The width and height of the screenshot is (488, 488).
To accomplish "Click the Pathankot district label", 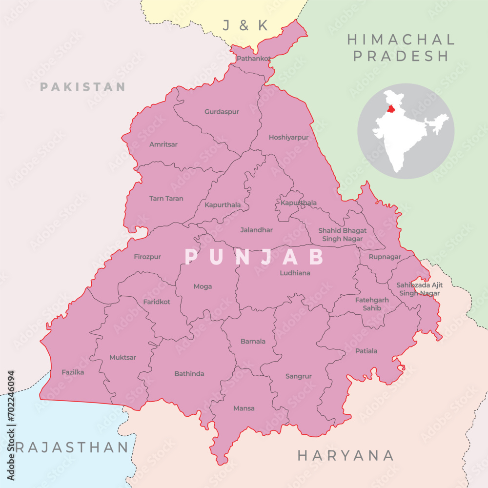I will (253, 59).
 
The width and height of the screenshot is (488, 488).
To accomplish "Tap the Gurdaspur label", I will (222, 112).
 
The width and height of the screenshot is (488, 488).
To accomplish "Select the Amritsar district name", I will (163, 144).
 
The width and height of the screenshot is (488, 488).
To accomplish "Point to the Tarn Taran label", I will (166, 199).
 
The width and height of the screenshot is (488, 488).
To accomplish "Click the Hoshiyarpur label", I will (288, 138).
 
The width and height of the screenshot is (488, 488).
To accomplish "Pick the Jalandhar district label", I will (256, 230).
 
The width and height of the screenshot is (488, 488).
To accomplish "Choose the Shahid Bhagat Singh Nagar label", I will (342, 235).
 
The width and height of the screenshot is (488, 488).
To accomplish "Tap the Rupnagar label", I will (385, 257).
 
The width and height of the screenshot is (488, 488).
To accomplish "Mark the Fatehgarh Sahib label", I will (372, 304).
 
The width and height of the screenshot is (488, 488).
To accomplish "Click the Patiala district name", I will (366, 351).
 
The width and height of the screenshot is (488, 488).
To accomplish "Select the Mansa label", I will (244, 408).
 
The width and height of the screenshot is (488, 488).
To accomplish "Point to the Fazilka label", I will (73, 372).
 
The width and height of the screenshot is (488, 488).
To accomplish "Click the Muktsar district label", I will (122, 358).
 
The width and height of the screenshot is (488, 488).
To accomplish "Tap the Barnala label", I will (253, 342).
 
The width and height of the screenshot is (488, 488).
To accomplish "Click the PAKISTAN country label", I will (82, 87).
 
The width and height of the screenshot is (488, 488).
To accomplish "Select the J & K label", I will (245, 26).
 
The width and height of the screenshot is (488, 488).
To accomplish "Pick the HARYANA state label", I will (346, 456).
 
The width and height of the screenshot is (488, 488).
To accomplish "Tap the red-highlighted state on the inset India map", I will (390, 109).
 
